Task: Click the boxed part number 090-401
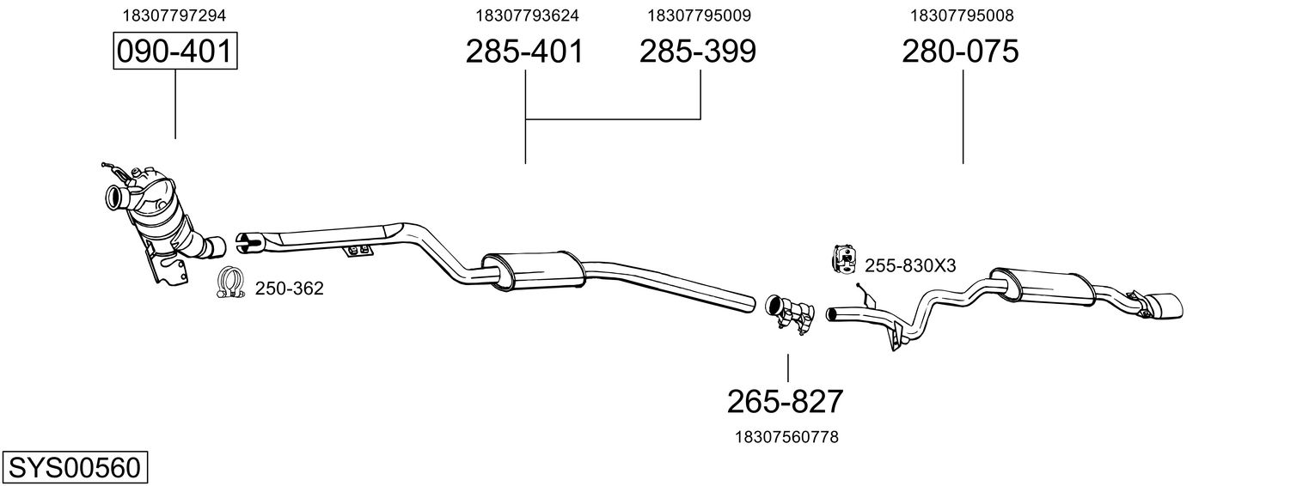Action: (x=175, y=51)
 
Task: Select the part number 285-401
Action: (x=525, y=52)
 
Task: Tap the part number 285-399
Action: (x=698, y=52)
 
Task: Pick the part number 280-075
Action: (x=960, y=52)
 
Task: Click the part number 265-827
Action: (x=786, y=402)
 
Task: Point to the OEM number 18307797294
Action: (x=174, y=15)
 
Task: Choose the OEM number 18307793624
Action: (x=527, y=15)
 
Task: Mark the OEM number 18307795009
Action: (x=699, y=15)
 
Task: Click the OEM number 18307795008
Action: (x=962, y=15)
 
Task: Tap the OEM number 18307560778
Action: (x=786, y=437)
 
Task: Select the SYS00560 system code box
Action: (x=75, y=468)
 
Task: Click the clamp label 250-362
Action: (x=290, y=289)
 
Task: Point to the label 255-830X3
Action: (x=910, y=266)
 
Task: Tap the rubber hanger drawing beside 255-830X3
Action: (x=845, y=259)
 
